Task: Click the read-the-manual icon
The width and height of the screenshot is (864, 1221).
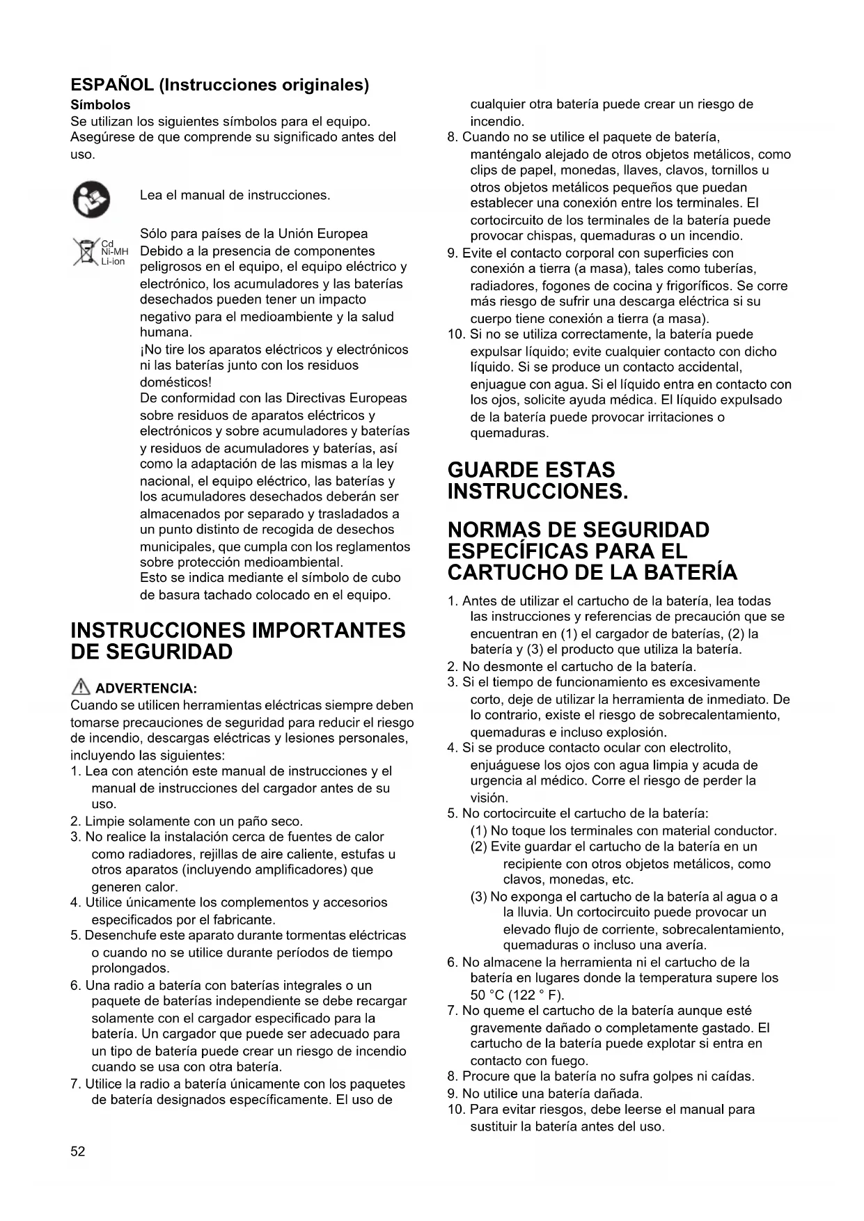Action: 91,198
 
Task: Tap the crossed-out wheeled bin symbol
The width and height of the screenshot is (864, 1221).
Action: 86,252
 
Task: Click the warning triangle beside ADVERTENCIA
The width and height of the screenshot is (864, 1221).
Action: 81,688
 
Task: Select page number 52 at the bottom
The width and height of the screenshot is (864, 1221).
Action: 77,1151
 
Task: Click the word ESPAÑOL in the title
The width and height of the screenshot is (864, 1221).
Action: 112,85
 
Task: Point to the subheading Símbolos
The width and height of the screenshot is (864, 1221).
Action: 100,105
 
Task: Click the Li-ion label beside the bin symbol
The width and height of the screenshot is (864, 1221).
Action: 113,262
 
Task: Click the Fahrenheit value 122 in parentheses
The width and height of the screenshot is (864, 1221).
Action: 526,995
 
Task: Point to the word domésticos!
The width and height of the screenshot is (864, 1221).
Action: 175,382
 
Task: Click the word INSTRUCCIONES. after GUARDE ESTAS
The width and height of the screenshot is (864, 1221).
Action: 537,491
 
